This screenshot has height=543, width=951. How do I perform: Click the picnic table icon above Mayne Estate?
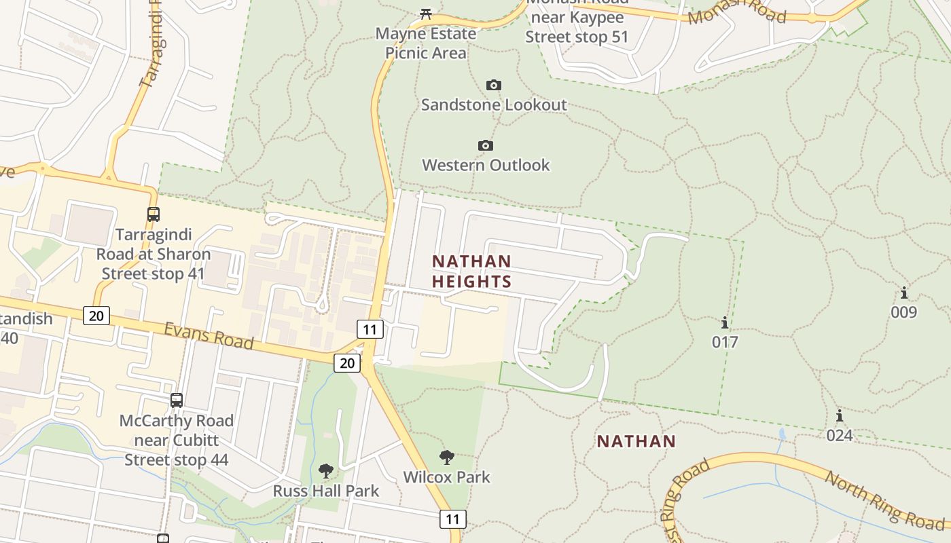[x=426, y=13]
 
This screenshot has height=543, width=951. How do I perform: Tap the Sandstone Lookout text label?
[x=494, y=105]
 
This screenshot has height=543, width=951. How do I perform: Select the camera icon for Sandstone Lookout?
[x=494, y=85]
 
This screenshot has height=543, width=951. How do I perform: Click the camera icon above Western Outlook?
[x=485, y=145]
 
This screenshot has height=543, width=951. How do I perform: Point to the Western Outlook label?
[x=486, y=165]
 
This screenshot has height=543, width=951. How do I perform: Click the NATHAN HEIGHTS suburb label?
[x=471, y=271]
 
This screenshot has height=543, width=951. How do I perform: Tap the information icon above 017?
[x=725, y=322]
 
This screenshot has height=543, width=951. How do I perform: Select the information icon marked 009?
[x=904, y=293]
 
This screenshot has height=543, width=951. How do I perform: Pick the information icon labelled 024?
[x=840, y=415]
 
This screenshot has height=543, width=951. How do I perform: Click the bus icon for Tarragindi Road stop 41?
[x=154, y=214]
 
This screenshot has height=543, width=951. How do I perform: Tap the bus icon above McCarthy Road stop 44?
[x=177, y=400]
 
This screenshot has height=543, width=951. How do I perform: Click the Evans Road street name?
[x=209, y=336]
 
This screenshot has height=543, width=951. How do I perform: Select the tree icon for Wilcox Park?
[x=446, y=457]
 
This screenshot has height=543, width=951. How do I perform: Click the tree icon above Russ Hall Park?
[x=326, y=470]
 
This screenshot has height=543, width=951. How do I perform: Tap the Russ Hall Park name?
[x=326, y=490]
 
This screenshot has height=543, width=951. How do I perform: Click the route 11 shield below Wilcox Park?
[x=453, y=520]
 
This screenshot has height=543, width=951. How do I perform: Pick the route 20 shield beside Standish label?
[x=96, y=315]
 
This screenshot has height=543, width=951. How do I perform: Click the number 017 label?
[x=725, y=342]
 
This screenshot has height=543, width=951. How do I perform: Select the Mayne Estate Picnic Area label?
[x=426, y=43]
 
